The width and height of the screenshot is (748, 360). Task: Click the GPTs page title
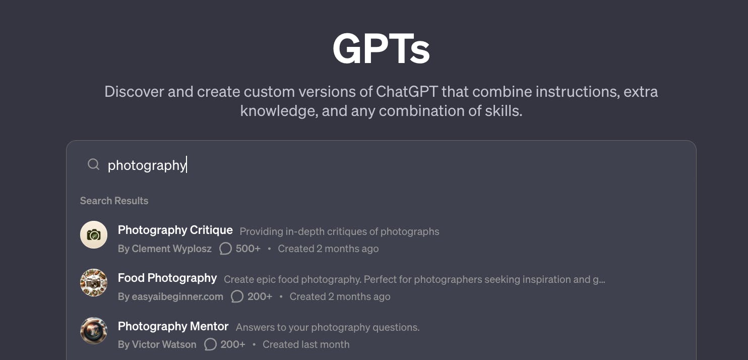tap(381, 49)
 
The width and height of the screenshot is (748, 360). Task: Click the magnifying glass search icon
tap(94, 164)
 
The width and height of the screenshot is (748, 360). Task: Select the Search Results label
tap(114, 201)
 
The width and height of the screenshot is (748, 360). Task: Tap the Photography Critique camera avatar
tap(94, 234)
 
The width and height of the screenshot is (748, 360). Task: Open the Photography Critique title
tap(175, 230)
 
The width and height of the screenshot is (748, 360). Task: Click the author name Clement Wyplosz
tap(172, 249)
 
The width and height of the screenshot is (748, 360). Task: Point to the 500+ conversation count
tap(248, 249)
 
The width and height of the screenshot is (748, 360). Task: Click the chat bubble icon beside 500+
tap(225, 249)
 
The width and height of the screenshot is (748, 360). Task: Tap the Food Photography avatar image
tap(94, 282)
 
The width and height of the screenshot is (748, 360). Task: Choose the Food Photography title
tap(167, 278)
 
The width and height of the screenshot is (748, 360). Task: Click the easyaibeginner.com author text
tap(177, 296)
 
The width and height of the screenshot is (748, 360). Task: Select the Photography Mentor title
tap(173, 326)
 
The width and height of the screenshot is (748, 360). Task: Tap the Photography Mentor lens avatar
tap(94, 331)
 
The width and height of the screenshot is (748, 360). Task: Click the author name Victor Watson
tap(164, 344)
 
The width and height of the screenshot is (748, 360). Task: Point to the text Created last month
tap(306, 344)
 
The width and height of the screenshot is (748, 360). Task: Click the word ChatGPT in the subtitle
tap(407, 91)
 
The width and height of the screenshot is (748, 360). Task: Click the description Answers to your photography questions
tap(328, 327)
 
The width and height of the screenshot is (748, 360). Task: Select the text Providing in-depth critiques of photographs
tap(339, 231)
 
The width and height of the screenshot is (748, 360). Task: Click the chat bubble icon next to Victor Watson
tap(210, 344)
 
